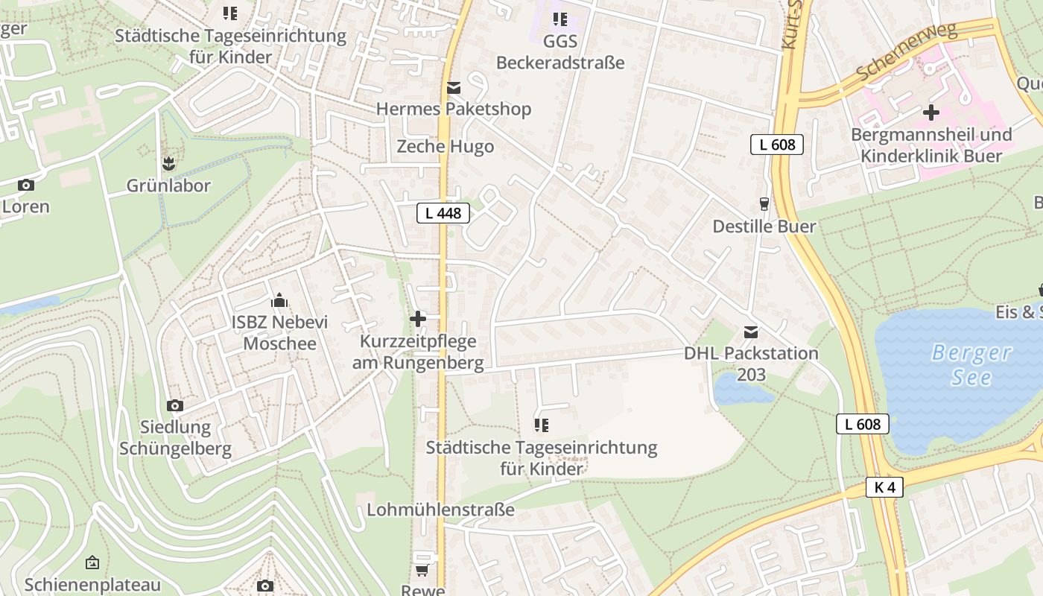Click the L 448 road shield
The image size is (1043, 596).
[443, 214]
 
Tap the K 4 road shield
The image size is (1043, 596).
[885, 488]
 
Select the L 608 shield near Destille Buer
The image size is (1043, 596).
[777, 145]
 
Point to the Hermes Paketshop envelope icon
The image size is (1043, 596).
[453, 89]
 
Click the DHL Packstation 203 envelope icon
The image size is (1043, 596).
[750, 332]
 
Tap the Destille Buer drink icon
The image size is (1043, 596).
[764, 203]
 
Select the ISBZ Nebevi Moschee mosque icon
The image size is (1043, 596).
[279, 300]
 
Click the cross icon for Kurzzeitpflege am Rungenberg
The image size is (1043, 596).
[418, 319]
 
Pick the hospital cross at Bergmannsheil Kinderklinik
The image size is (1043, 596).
[931, 113]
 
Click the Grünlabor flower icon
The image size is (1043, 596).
[168, 163]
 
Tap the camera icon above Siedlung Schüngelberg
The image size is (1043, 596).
[175, 406]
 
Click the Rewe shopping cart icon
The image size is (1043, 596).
[422, 571]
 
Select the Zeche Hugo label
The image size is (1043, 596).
[445, 147]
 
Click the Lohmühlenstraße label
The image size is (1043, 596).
[440, 510]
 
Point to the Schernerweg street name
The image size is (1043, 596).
[905, 52]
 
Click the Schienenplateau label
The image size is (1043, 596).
[92, 584]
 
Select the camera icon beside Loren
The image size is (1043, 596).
[26, 186]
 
